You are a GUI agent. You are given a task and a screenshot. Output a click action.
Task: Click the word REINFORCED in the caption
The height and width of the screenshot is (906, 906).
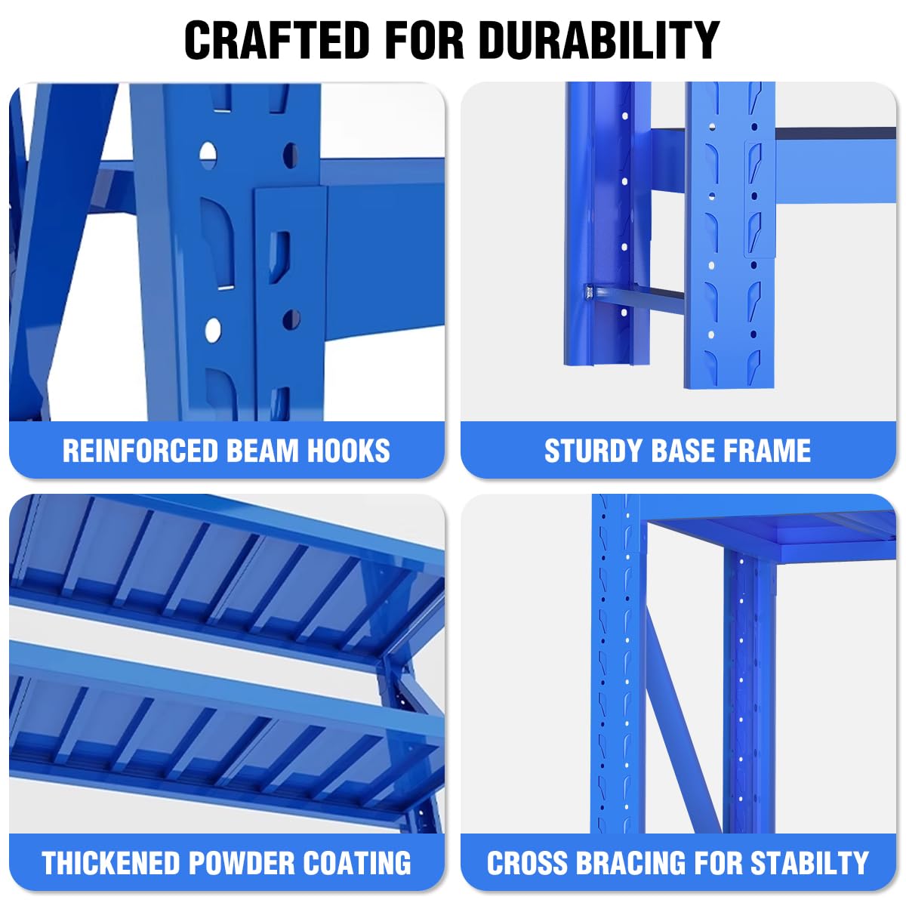[140, 451]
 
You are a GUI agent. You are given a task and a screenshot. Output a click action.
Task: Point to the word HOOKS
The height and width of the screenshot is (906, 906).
[349, 451]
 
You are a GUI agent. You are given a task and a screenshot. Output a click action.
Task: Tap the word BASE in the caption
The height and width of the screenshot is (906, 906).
[683, 451]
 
